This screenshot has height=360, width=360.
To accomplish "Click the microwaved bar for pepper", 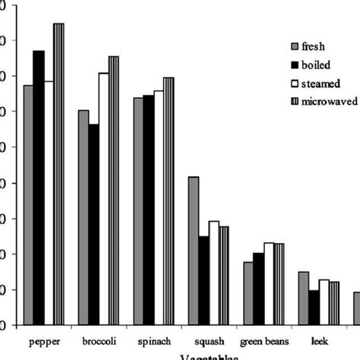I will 58,174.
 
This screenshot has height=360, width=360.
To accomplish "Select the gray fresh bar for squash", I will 194,251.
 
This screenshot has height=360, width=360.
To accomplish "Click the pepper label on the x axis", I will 43,340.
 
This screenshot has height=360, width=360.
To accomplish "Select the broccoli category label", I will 98,340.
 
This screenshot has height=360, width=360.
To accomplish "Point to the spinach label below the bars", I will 153,340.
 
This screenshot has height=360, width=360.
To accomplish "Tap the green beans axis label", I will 264,340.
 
